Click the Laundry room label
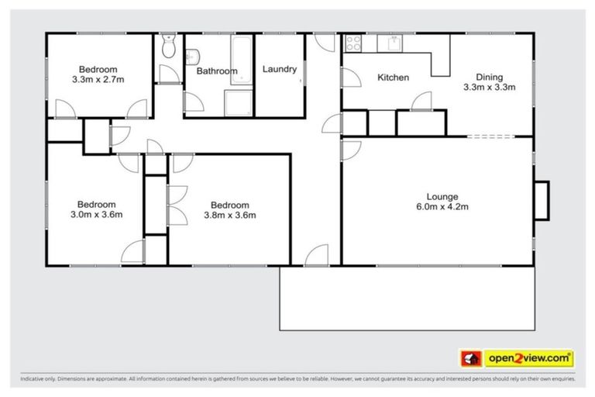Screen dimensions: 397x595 279,69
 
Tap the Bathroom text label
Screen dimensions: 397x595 216,71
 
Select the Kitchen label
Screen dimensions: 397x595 393,78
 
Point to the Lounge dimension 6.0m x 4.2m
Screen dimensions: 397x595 442,207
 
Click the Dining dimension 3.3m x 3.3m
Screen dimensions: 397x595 489,88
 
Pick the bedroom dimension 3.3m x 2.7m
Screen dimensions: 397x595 98,79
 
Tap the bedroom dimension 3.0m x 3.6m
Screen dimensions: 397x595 97,215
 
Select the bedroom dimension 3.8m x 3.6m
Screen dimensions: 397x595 229,215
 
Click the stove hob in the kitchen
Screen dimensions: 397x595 354,43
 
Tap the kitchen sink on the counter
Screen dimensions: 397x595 394,43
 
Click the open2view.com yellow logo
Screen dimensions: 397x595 529,358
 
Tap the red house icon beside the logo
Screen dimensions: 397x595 470,358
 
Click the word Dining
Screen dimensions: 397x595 489,77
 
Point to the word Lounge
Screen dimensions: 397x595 442,196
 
